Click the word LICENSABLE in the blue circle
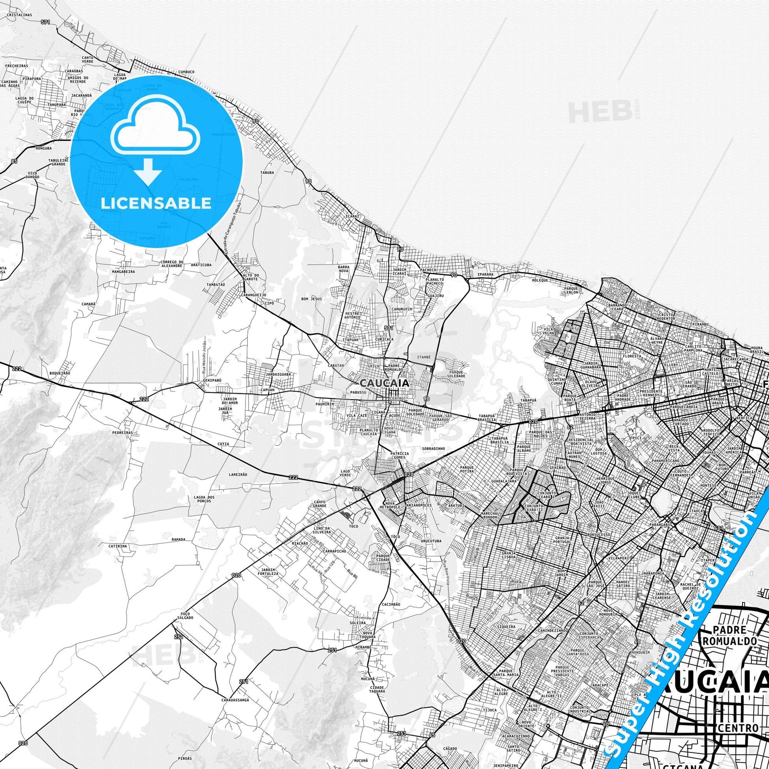156,204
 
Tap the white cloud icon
156,126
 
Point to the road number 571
45,22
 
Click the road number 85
15,161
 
